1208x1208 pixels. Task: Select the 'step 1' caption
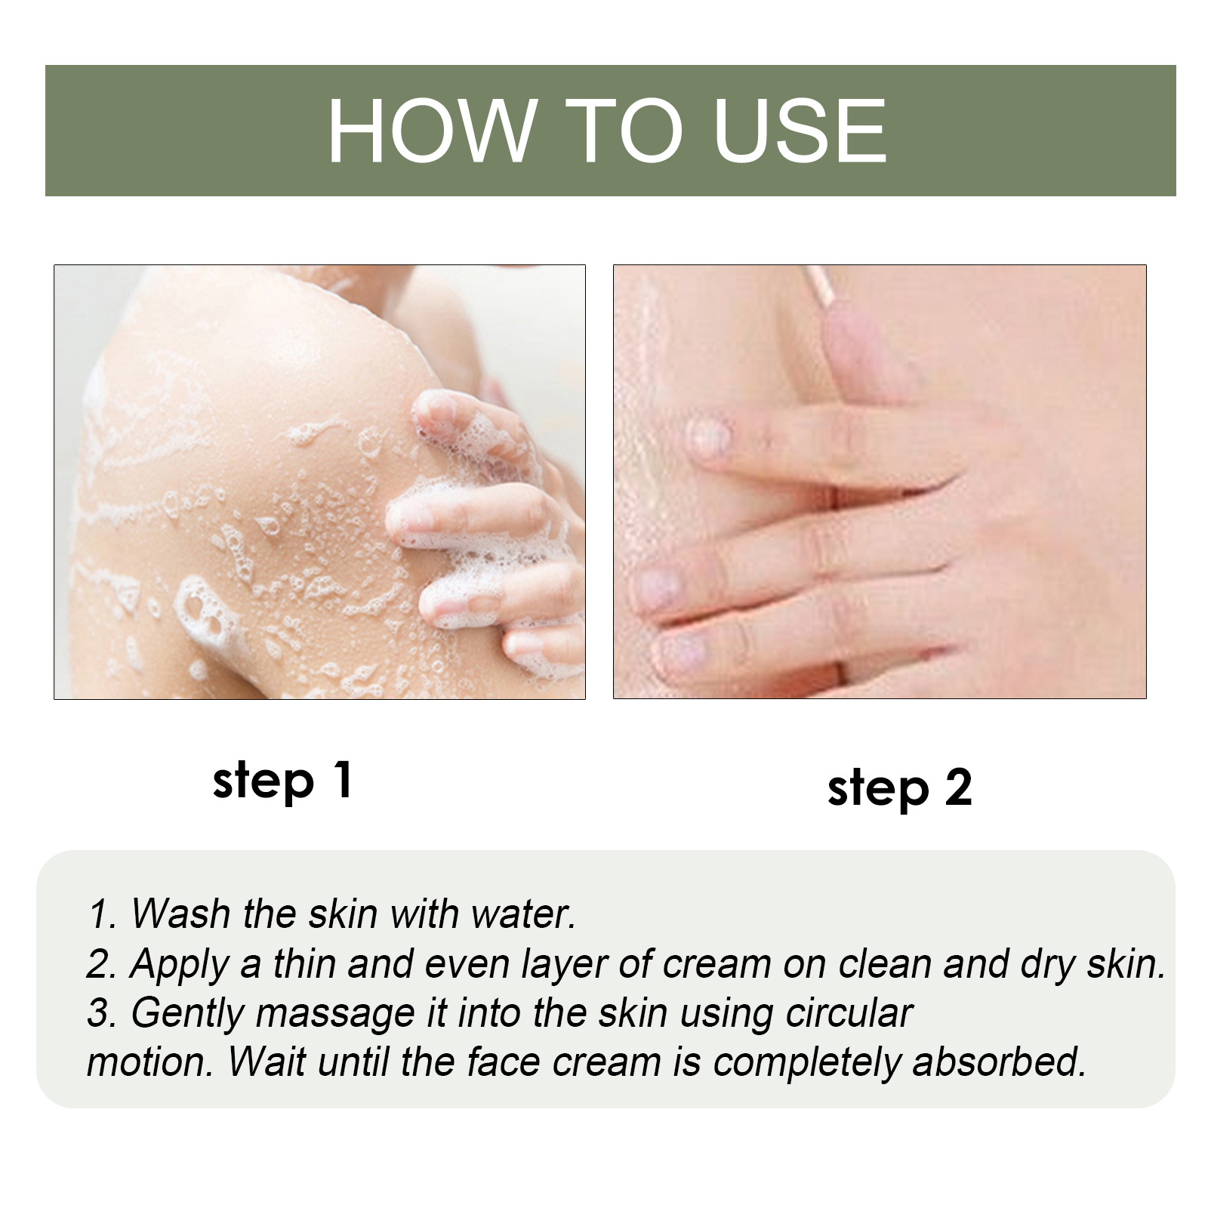(x=282, y=781)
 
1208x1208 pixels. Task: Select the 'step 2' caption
(x=899, y=788)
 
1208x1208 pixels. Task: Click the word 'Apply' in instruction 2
(x=178, y=964)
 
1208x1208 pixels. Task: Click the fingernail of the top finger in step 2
(x=710, y=438)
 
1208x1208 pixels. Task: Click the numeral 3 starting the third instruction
(x=97, y=1014)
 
